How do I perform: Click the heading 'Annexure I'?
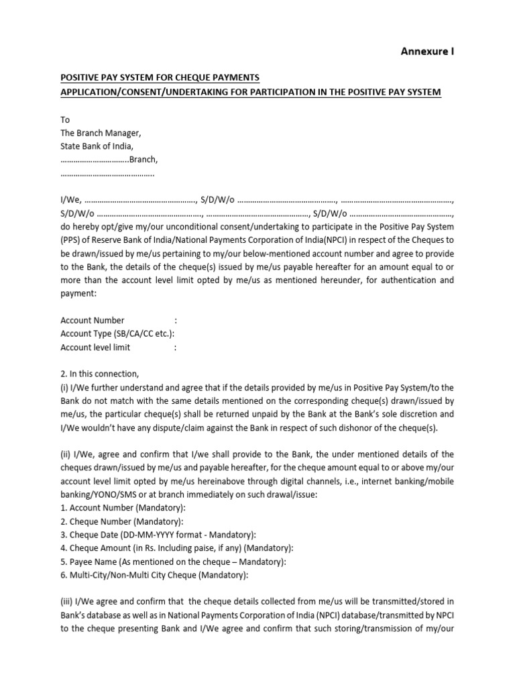click(x=427, y=52)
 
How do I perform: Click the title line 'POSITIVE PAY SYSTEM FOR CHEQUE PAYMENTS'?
click(x=160, y=78)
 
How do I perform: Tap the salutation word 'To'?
click(x=65, y=120)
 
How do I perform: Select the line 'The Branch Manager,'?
click(x=101, y=133)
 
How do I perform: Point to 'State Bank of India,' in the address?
click(x=97, y=146)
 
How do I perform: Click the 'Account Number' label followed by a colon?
click(x=92, y=321)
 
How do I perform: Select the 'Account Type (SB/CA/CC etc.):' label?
click(x=117, y=334)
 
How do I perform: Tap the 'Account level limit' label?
click(x=95, y=348)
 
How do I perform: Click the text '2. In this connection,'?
click(x=99, y=374)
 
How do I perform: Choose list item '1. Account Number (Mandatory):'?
click(x=123, y=508)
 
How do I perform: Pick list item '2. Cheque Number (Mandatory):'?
click(x=121, y=521)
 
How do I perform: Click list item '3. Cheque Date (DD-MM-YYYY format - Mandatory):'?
click(x=158, y=535)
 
